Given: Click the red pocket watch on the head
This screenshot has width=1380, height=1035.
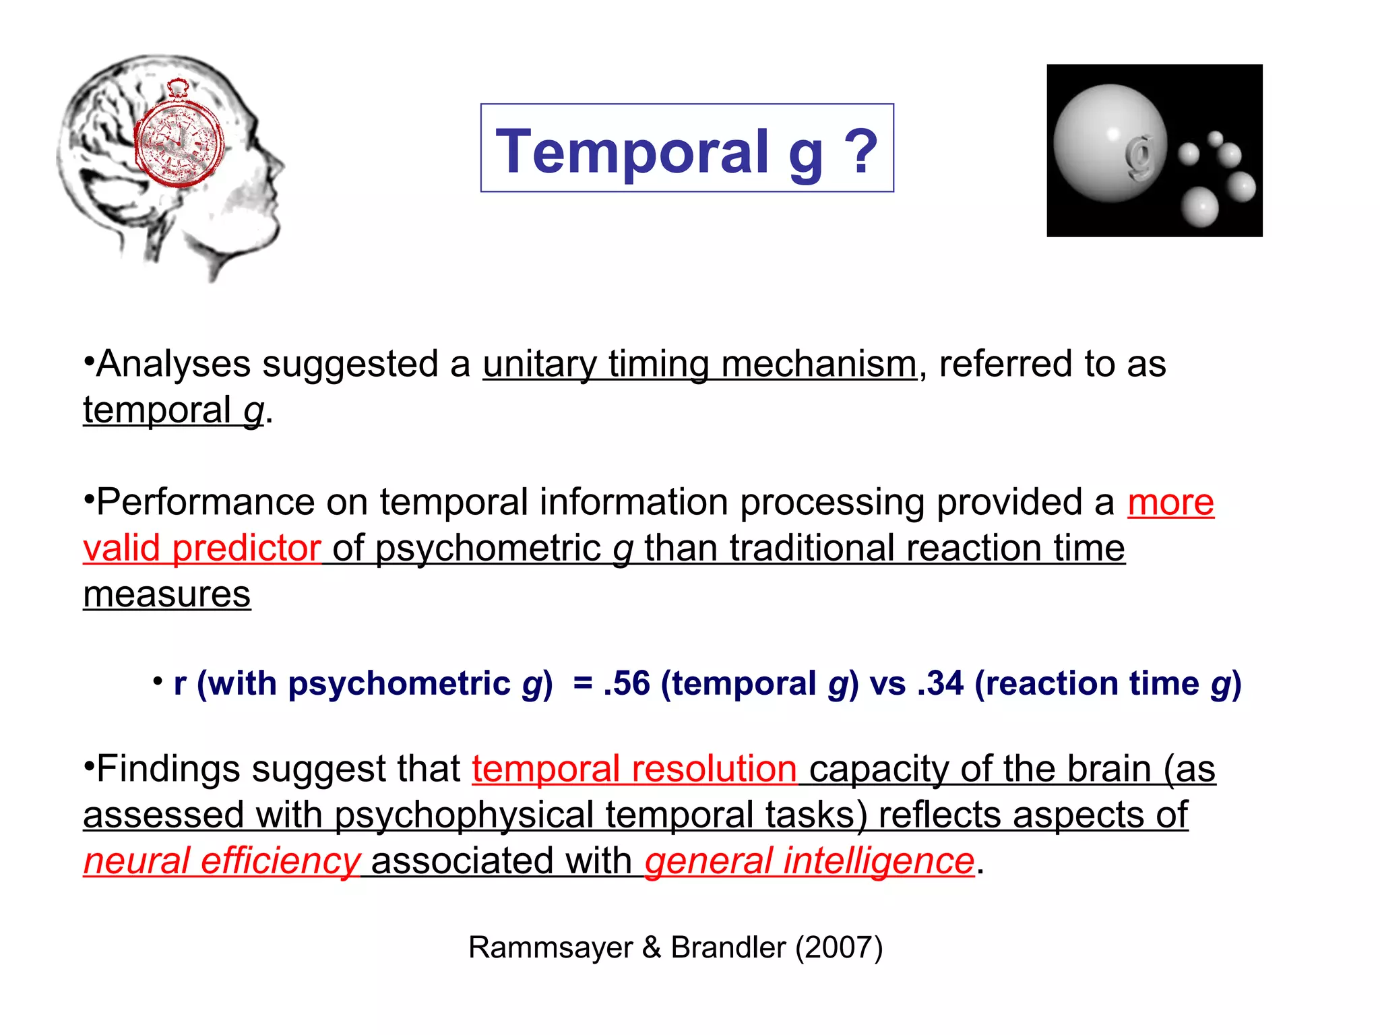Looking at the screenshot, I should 178,142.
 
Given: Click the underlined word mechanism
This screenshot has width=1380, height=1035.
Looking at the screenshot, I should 819,365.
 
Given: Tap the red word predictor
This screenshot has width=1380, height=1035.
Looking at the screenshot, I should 246,548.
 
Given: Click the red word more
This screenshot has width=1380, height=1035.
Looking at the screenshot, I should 1170,503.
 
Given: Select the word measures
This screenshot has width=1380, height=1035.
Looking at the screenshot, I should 166,594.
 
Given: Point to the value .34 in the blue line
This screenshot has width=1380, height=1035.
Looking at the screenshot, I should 940,683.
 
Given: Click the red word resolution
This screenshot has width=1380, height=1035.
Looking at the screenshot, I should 714,769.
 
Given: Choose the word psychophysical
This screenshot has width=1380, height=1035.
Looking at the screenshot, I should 464,815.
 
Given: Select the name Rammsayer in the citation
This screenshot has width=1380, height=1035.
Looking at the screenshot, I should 551,947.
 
